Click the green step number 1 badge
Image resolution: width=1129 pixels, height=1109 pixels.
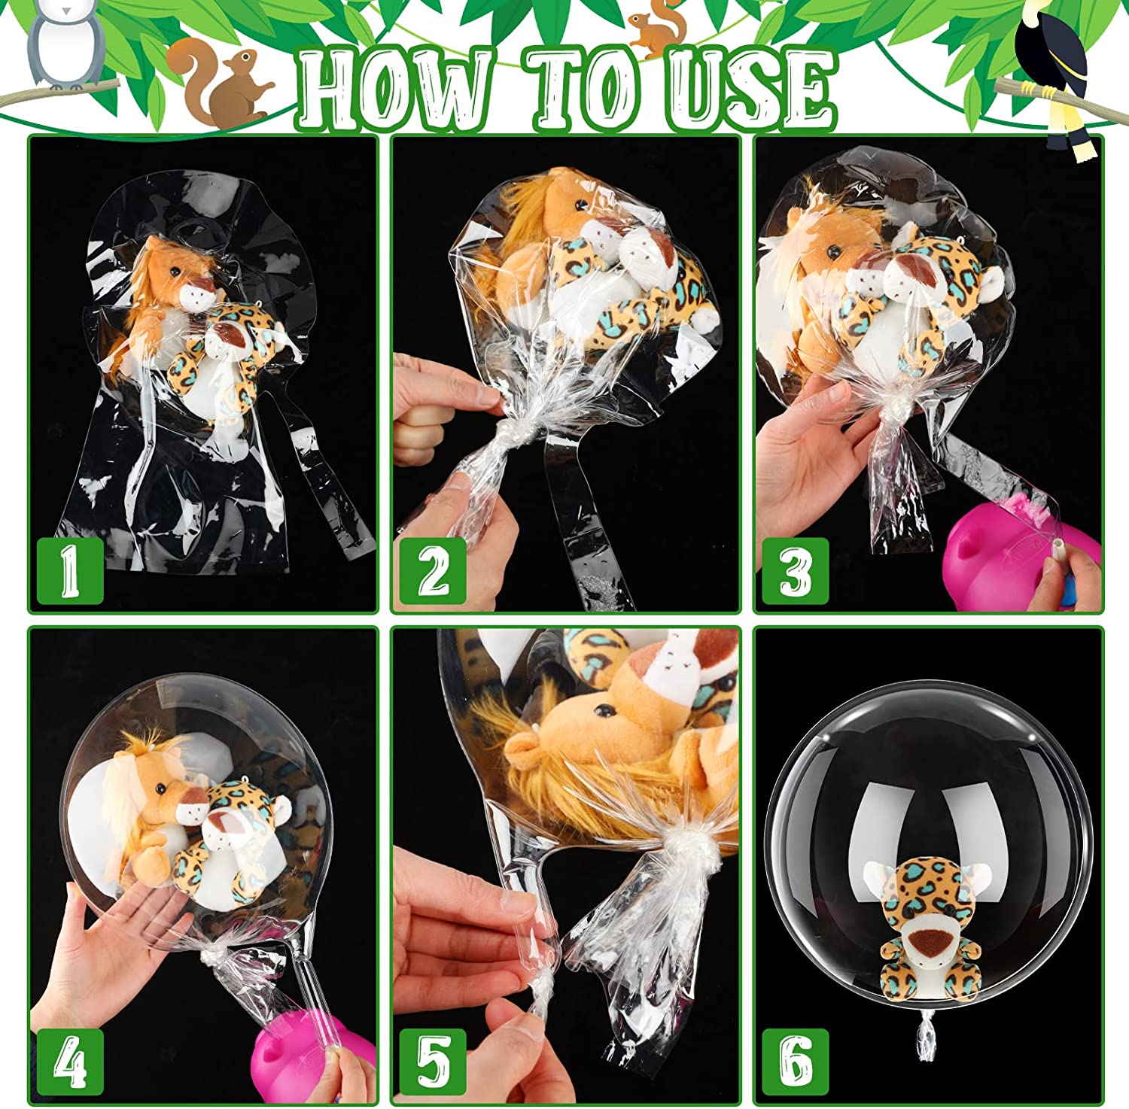click(x=69, y=570)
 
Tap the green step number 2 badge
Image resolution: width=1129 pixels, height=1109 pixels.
click(x=433, y=570)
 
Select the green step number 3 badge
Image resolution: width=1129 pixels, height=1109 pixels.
click(x=796, y=570)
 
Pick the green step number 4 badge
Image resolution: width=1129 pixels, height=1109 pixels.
click(x=69, y=1062)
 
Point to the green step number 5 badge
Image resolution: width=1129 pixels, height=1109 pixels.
click(x=433, y=1062)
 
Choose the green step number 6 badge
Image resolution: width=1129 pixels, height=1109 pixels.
click(x=796, y=1062)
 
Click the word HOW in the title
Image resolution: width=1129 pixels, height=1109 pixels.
click(x=396, y=89)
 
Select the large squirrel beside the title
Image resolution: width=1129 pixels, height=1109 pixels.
click(x=218, y=84)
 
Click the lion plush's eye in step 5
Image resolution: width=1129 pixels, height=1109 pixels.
click(x=602, y=709)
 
